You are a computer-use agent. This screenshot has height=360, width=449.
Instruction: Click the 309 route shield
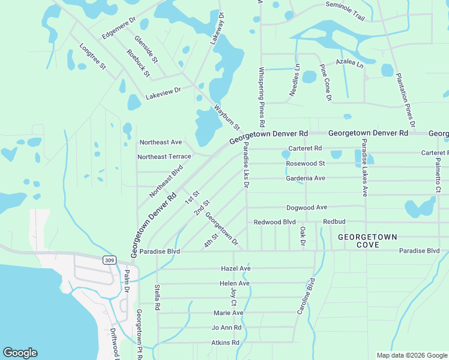[x=110, y=260]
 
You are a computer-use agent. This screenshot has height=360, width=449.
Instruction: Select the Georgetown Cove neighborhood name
[x=367, y=241]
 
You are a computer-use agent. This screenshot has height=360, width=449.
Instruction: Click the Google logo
[x=20, y=353]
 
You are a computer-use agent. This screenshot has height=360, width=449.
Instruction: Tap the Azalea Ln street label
[x=350, y=62]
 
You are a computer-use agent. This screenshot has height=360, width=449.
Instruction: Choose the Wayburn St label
[x=227, y=118]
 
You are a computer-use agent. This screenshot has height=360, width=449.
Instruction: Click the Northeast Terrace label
[x=164, y=157]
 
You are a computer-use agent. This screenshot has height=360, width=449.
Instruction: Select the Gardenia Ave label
[x=306, y=178]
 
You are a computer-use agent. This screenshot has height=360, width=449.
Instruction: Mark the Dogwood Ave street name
[x=307, y=207]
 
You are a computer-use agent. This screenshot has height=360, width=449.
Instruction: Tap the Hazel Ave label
[x=235, y=268]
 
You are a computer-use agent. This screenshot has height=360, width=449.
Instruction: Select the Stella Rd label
[x=157, y=297]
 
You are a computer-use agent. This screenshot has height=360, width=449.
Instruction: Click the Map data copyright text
[x=411, y=355]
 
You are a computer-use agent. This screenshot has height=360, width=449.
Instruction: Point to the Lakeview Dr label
[x=163, y=92]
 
